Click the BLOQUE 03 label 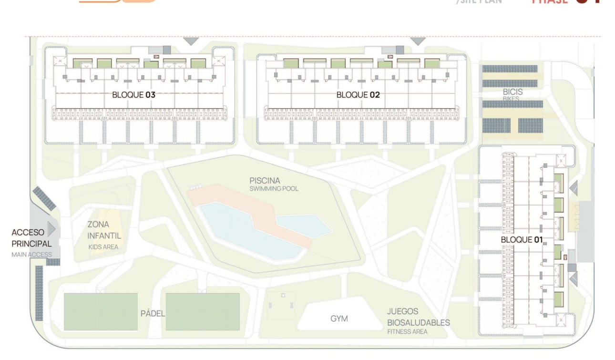pyautogui.click(x=133, y=95)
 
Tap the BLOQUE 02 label pyautogui.click(x=358, y=95)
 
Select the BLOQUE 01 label pyautogui.click(x=523, y=239)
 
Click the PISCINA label pyautogui.click(x=265, y=181)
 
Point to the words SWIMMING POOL pyautogui.click(x=274, y=189)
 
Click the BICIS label pyautogui.click(x=512, y=92)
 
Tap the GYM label pyautogui.click(x=339, y=319)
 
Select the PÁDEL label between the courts pyautogui.click(x=153, y=313)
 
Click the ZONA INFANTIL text pyautogui.click(x=104, y=230)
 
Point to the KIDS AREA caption pyautogui.click(x=103, y=247)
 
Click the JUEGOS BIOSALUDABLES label pyautogui.click(x=418, y=317)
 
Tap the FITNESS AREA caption pyautogui.click(x=407, y=331)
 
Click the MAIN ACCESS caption pyautogui.click(x=31, y=255)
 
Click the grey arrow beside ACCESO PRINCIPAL pyautogui.click(x=51, y=229)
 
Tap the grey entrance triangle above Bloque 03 pyautogui.click(x=191, y=41)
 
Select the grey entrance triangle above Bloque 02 pyautogui.click(x=418, y=41)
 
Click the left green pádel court pyautogui.click(x=101, y=312)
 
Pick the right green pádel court pyautogui.click(x=203, y=312)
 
